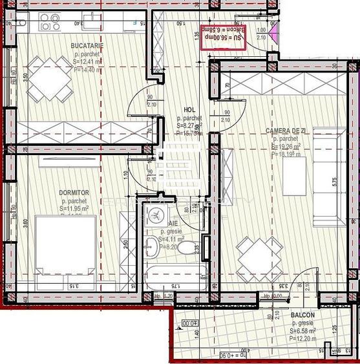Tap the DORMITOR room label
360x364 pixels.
[x=73, y=193]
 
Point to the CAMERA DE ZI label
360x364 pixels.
[x=287, y=131]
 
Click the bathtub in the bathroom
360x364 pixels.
[x=174, y=271]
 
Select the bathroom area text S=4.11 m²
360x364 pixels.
[x=172, y=239]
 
